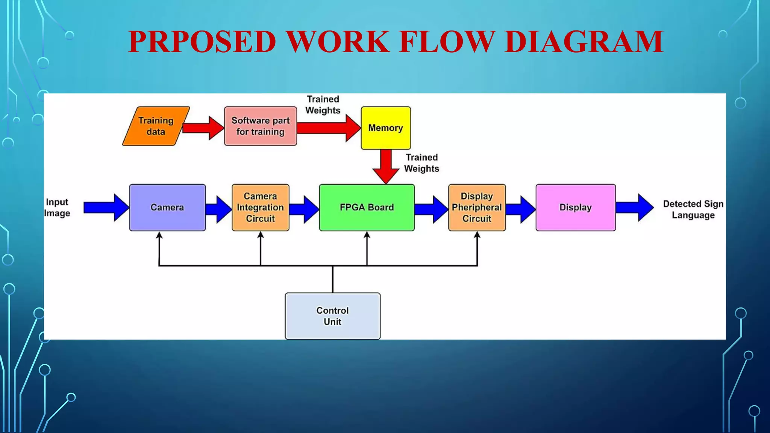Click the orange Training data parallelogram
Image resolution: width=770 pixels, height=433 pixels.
[156, 126]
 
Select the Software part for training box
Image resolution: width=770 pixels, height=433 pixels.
[260, 126]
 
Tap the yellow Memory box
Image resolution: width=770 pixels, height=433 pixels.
[385, 128]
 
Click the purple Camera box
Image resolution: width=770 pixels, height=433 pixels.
[167, 207]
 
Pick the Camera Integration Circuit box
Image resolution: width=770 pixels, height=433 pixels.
[260, 207]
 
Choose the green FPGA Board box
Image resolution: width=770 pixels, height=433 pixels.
[367, 207]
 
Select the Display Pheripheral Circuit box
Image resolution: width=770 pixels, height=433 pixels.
[477, 207]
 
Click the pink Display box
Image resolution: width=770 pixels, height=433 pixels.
[575, 207]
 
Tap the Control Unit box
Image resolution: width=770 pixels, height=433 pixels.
[332, 316]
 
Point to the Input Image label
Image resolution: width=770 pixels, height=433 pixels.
[57, 207]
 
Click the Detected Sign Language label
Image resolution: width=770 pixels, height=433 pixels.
[693, 209]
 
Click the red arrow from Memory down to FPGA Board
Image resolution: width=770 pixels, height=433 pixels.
[386, 165]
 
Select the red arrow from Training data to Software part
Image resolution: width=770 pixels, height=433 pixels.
[203, 128]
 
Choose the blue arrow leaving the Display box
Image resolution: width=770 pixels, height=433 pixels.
[634, 207]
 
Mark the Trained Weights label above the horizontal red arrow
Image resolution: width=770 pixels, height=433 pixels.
[323, 104]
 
